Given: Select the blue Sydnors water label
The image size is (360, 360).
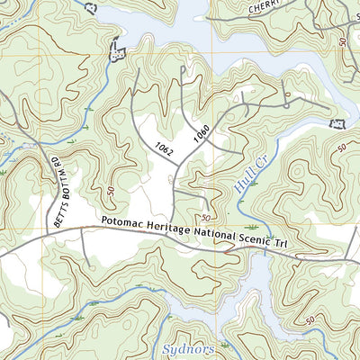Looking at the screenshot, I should coord(190,347).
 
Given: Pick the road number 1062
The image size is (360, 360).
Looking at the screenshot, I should coord(163,143).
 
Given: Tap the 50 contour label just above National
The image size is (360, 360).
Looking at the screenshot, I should coord(206,219).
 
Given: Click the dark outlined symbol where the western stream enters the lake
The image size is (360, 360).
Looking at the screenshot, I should coord(114,51).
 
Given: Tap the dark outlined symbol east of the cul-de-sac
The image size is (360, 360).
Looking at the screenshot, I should coord(339,123).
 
